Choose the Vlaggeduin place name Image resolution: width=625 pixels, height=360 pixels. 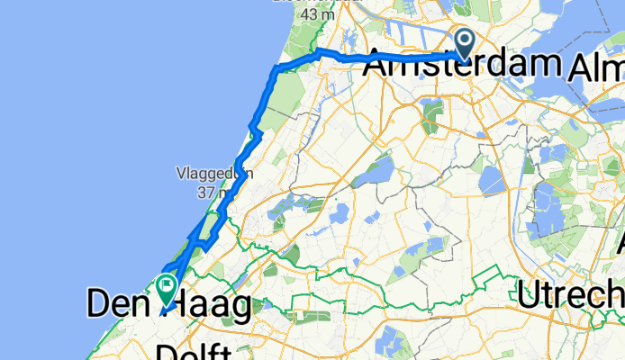[213, 174]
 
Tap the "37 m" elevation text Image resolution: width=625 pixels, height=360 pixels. [213, 193]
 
